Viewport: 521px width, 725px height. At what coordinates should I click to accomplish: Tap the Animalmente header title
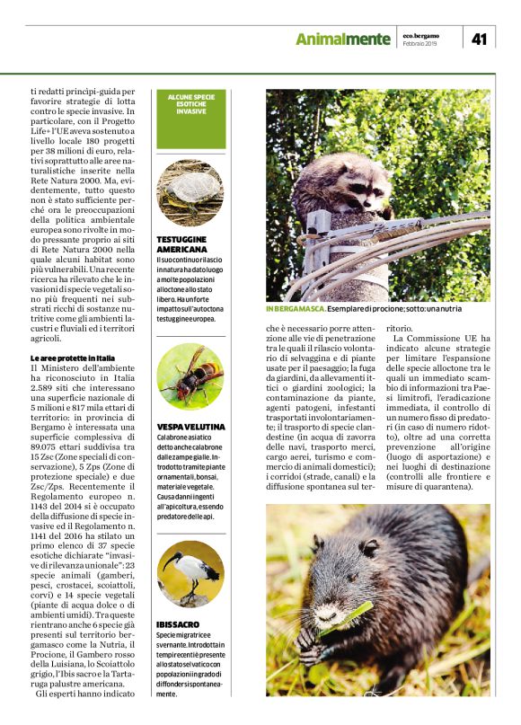(x=343, y=39)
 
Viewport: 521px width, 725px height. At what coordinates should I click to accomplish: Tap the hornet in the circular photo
(x=190, y=377)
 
